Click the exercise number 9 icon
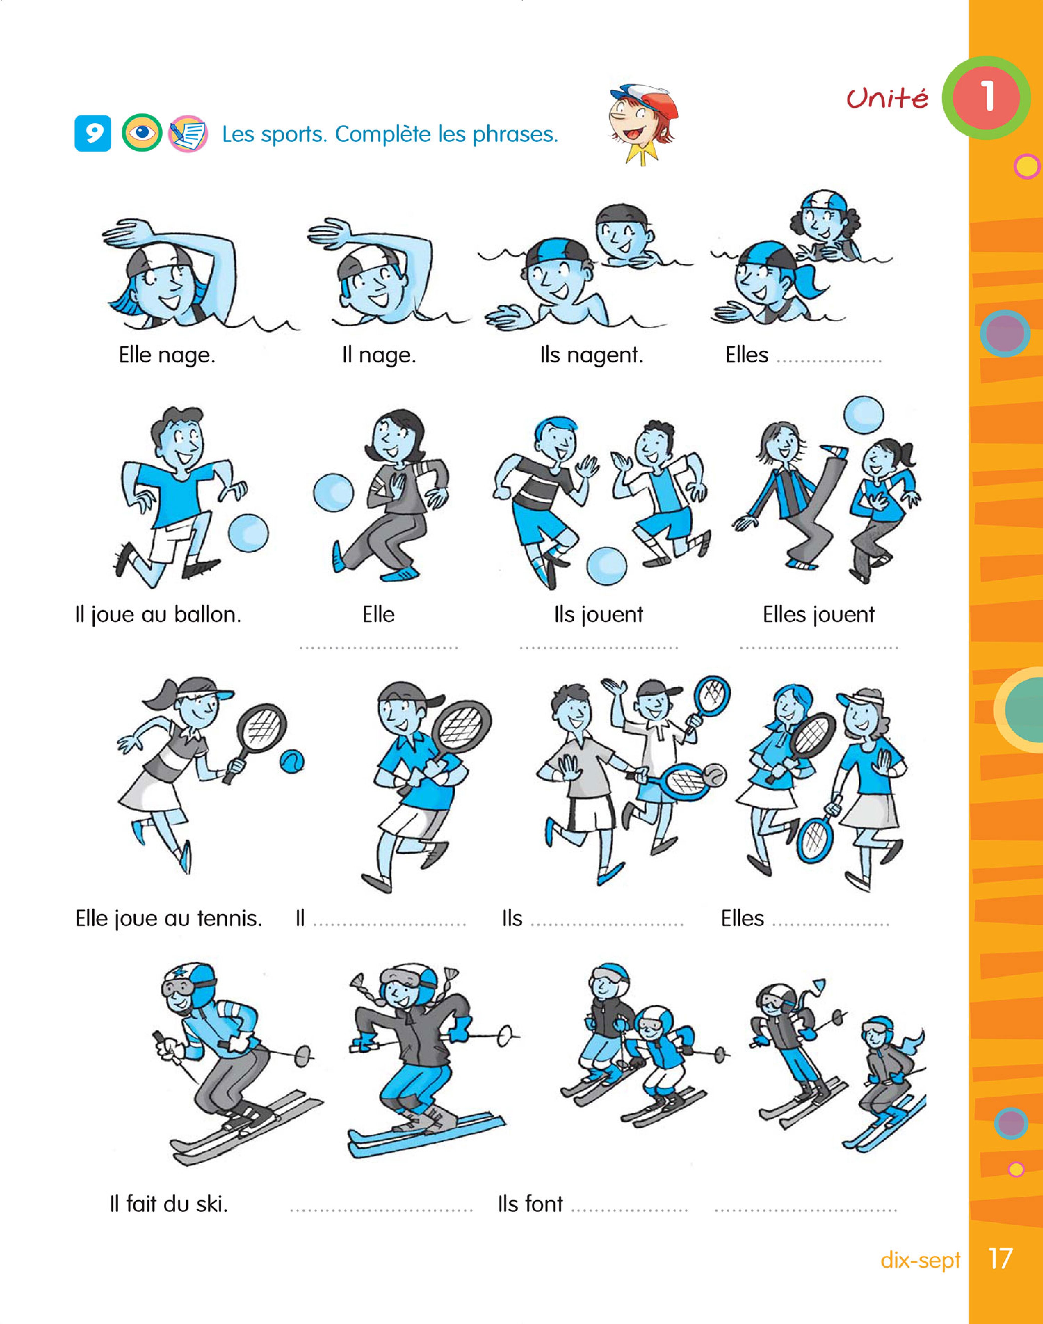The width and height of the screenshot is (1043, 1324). pos(93,133)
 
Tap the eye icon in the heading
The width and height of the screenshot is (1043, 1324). pos(142,133)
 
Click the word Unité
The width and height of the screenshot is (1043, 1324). pos(887,98)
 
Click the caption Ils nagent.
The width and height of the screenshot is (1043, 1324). pos(591,355)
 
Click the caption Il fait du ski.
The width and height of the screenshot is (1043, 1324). pos(168,1204)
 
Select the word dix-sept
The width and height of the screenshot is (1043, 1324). pos(920,1260)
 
